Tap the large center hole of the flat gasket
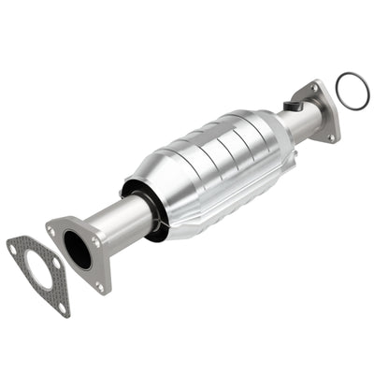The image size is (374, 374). pos(38,274)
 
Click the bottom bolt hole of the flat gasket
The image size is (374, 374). pos(62,306)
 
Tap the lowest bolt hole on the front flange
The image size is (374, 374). pos(101,286)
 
